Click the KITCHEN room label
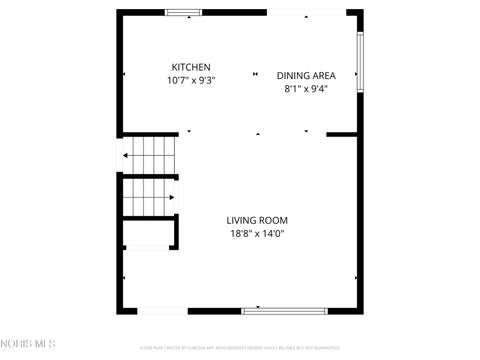190,67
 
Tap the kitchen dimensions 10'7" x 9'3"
190,80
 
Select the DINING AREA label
305,75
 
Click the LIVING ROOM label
257,221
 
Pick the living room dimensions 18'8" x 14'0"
257,234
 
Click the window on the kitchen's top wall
183,12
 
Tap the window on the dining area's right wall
360,62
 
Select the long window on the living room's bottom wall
285,310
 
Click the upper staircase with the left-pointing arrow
150,154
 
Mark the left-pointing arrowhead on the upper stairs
126,155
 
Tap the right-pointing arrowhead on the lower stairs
154,196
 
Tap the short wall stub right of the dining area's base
342,134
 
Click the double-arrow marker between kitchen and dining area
255,73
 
